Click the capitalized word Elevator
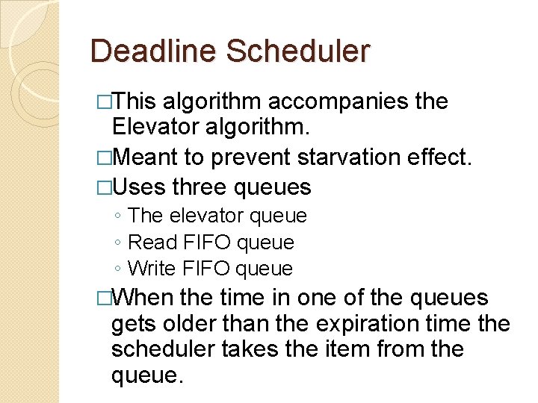point(156,129)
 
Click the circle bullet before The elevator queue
point(119,216)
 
